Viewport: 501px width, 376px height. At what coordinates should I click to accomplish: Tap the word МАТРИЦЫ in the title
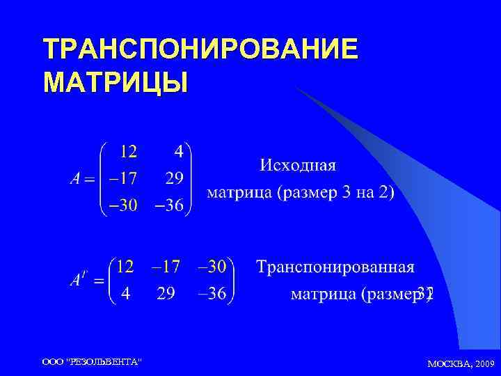(x=115, y=83)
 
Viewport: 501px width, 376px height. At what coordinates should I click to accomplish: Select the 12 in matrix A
(x=129, y=150)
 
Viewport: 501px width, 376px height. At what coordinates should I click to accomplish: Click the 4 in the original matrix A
(x=178, y=150)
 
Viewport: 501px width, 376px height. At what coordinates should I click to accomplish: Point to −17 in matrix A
(x=120, y=178)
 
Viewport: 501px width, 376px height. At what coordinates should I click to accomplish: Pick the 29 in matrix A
(x=175, y=178)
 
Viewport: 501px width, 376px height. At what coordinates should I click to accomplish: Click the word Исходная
(x=297, y=166)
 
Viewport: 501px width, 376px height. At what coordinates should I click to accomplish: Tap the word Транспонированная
(x=335, y=267)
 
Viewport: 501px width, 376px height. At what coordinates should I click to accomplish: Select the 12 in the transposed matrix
(x=125, y=266)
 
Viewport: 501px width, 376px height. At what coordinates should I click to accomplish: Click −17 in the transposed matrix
(x=166, y=266)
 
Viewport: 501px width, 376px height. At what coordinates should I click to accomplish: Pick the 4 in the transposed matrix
(x=125, y=294)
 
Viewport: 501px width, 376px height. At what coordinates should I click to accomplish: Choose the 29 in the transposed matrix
(x=166, y=294)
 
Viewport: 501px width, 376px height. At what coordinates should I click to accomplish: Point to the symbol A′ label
(x=79, y=279)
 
